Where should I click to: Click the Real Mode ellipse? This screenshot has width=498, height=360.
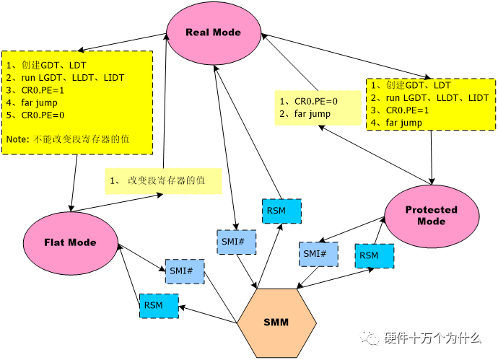(214, 32)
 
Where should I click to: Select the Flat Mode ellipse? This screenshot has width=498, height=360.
(70, 243)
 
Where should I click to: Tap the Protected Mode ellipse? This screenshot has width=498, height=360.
(432, 216)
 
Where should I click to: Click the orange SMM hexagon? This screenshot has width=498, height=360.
(276, 323)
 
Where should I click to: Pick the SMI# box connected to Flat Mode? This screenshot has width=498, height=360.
(185, 271)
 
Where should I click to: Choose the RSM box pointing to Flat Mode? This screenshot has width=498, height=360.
(159, 306)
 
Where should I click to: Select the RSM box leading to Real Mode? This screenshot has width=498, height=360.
(281, 211)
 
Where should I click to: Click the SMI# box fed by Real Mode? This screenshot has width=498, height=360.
(236, 242)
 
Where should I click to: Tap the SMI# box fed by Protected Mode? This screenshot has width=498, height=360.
(318, 254)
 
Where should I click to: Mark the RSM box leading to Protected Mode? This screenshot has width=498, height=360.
(375, 256)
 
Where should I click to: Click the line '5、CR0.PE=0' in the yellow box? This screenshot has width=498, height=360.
(35, 115)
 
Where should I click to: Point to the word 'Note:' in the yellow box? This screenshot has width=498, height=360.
(18, 139)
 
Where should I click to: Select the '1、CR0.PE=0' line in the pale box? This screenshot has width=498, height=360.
(308, 102)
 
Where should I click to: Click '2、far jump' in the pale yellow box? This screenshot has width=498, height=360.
(305, 114)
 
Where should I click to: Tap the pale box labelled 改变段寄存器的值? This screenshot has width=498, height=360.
(163, 181)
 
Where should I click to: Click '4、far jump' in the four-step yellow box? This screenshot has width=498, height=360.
(396, 123)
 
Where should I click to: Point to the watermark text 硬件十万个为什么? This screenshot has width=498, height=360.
(432, 338)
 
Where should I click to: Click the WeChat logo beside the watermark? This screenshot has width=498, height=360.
(370, 338)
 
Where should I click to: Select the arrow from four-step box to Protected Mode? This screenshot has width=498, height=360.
(432, 157)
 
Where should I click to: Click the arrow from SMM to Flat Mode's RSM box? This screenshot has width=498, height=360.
(208, 315)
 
